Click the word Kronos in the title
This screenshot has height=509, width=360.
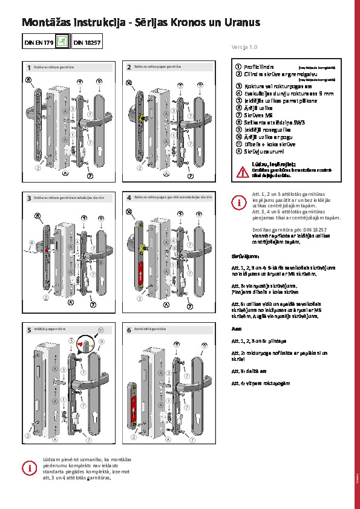coord(182,22)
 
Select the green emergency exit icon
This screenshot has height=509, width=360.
coord(62,42)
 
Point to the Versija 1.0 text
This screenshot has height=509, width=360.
coord(244,47)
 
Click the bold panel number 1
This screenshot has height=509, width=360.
coord(28,66)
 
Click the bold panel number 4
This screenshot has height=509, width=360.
coord(129,198)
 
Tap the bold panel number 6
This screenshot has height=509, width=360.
coord(129,330)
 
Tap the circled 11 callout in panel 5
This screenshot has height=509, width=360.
coord(101,330)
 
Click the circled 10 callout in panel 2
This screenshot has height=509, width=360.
coord(128,82)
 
